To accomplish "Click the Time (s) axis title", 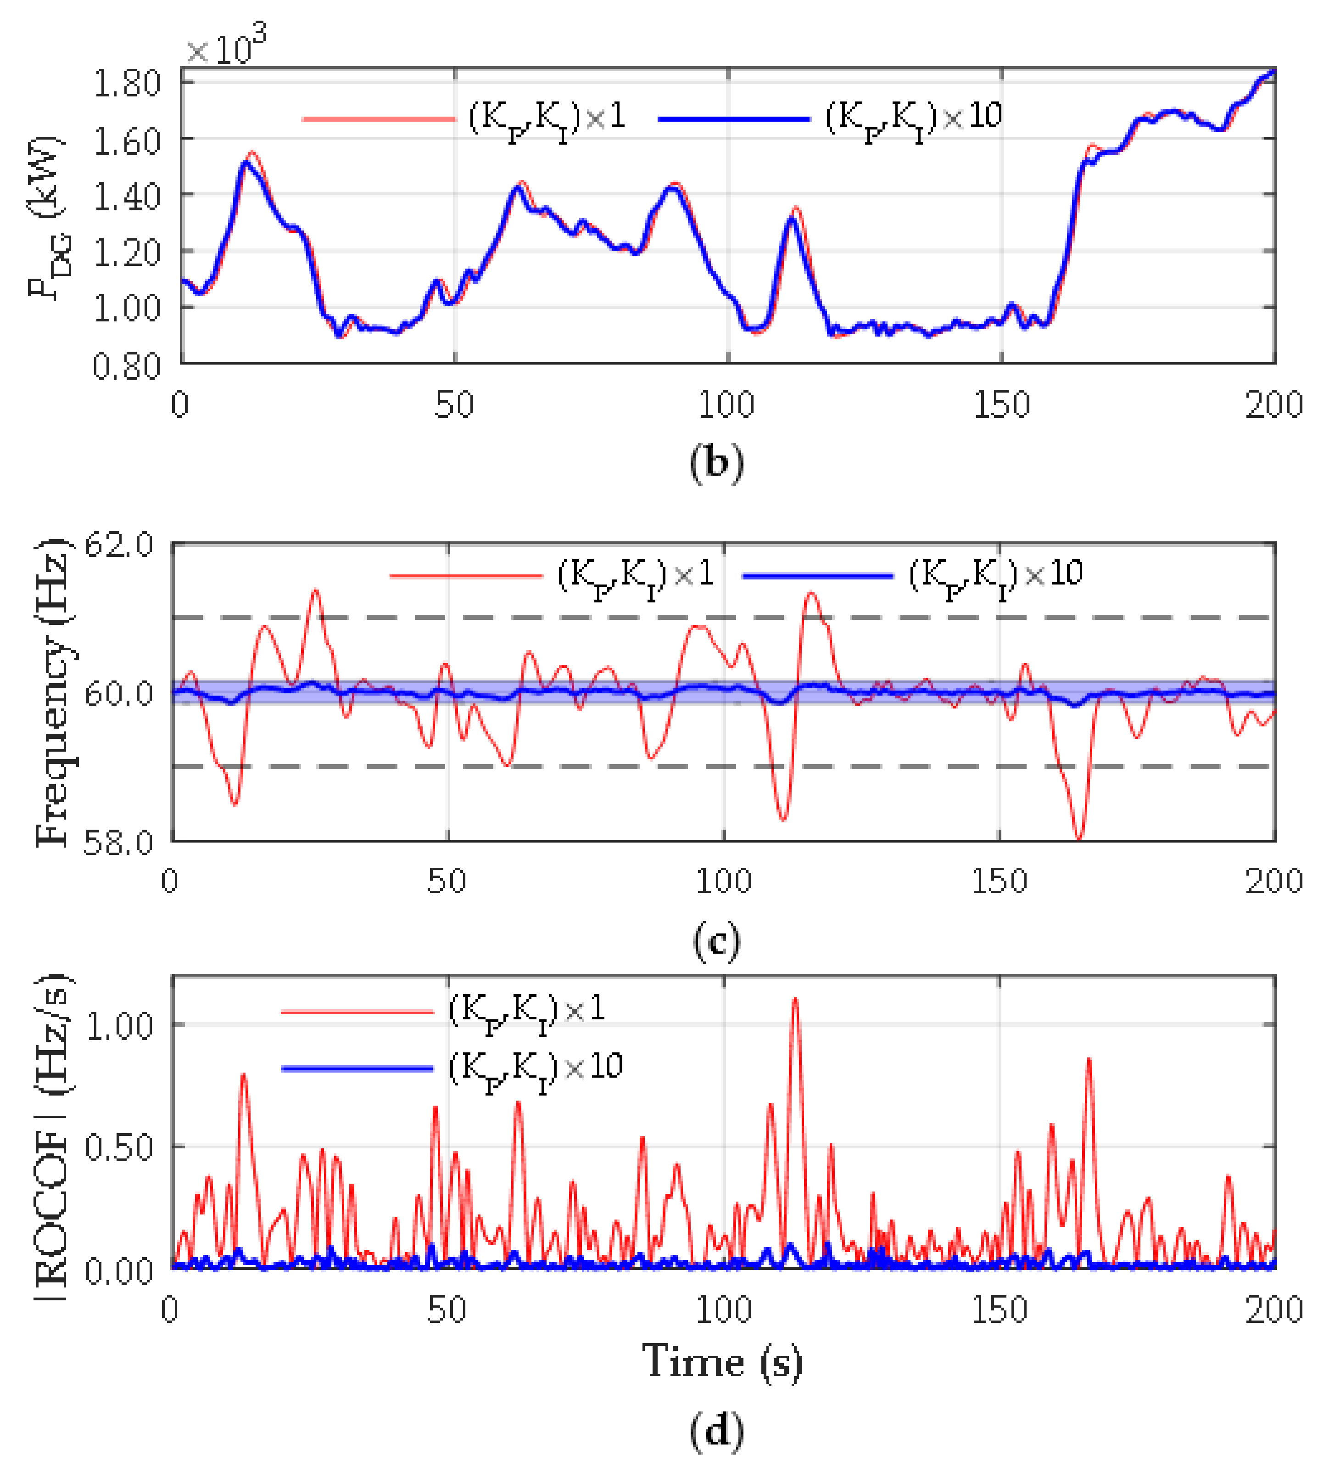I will [722, 1361].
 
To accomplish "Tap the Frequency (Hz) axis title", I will [52, 692].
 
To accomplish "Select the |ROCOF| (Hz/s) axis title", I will [52, 1137].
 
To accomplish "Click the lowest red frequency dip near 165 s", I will [1079, 837].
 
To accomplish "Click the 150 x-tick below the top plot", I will [1001, 404].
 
